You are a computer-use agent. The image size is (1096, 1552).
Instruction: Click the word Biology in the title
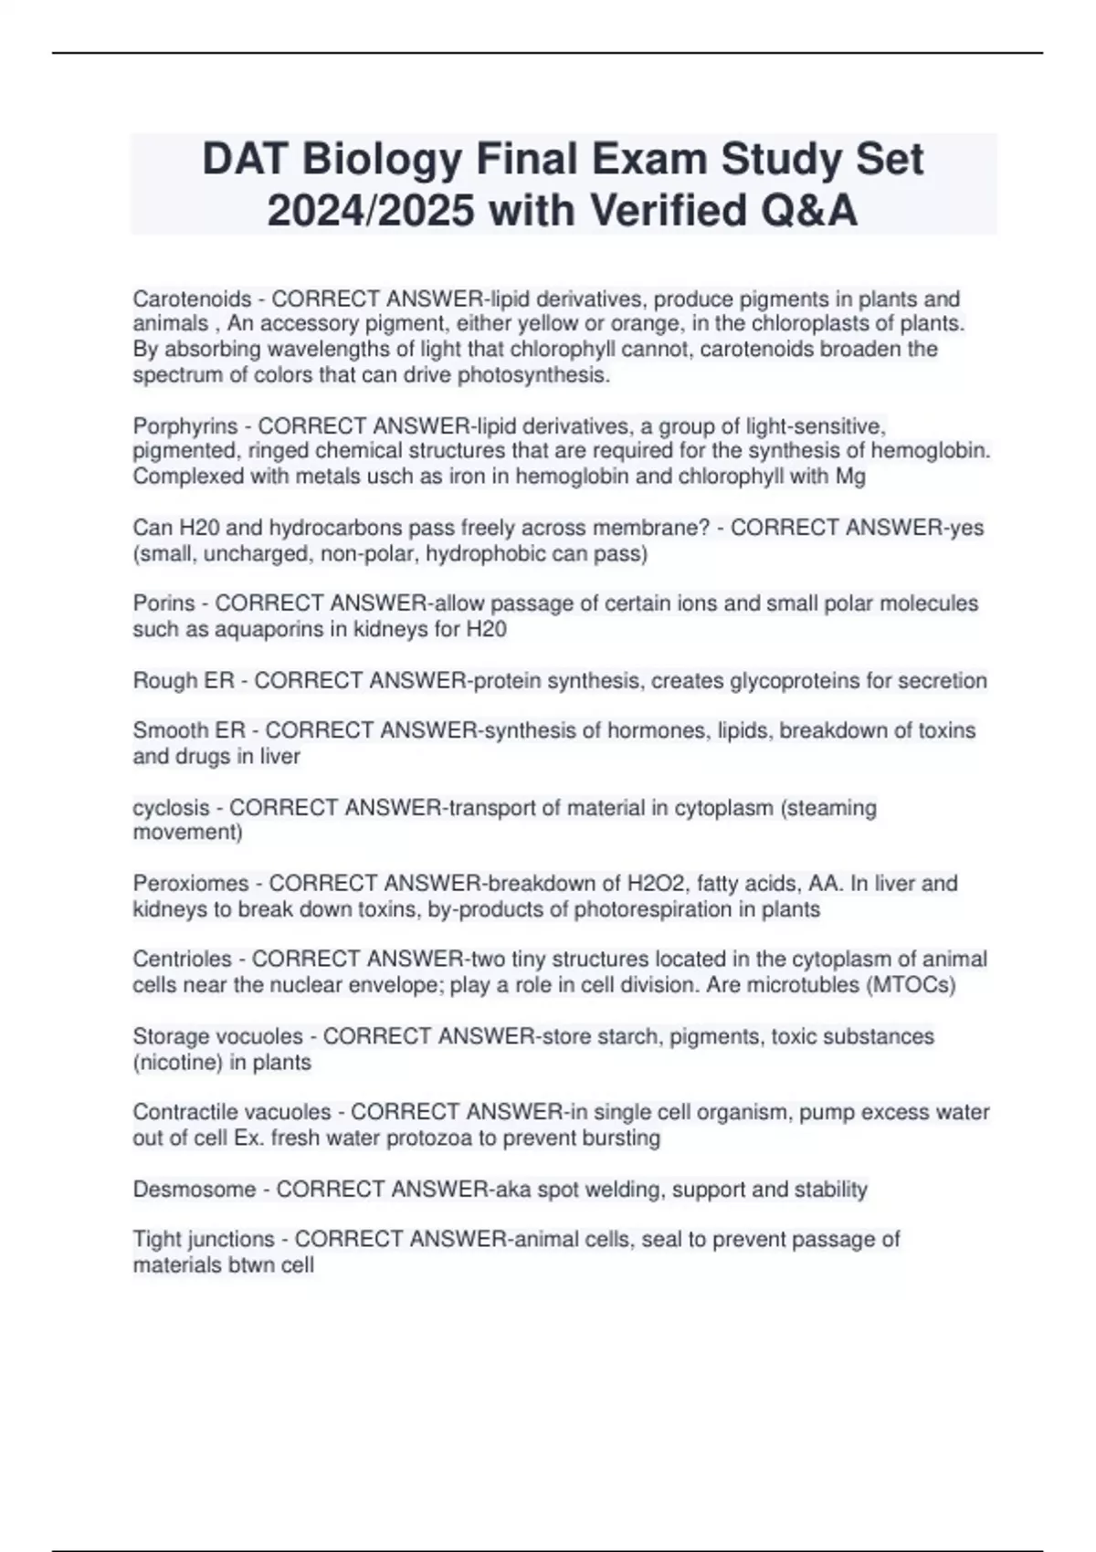383,160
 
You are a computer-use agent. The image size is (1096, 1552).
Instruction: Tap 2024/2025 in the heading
370,212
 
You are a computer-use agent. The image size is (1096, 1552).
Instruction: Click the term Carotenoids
192,299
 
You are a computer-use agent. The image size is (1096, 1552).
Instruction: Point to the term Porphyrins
184,426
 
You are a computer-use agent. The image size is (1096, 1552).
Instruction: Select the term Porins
164,603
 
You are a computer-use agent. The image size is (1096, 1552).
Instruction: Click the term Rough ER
184,681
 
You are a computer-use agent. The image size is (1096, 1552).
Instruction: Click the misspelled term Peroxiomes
191,884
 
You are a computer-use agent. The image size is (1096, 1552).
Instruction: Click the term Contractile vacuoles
232,1113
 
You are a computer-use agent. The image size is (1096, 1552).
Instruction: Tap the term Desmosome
195,1190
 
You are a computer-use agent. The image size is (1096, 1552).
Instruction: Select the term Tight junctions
204,1240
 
